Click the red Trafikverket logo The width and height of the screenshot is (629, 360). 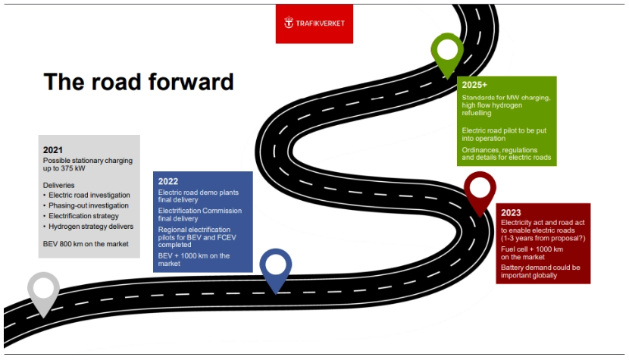[314, 23]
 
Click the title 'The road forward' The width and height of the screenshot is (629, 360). [139, 82]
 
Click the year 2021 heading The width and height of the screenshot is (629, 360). [53, 150]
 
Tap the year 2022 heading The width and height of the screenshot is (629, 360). [168, 181]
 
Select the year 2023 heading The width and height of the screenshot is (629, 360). [511, 213]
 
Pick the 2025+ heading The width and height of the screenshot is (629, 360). [474, 85]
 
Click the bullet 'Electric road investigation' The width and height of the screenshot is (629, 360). [86, 195]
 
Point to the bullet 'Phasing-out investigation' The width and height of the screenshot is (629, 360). [86, 205]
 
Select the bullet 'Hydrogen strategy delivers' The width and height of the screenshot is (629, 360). [88, 227]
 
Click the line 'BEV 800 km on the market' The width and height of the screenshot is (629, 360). [86, 244]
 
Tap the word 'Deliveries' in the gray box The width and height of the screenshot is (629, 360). [58, 186]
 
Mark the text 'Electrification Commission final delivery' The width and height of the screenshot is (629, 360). [200, 214]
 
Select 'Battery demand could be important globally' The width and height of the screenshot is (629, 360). [540, 272]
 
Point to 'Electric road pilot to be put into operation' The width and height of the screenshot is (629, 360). [504, 134]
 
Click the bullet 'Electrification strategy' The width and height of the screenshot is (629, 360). [81, 216]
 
